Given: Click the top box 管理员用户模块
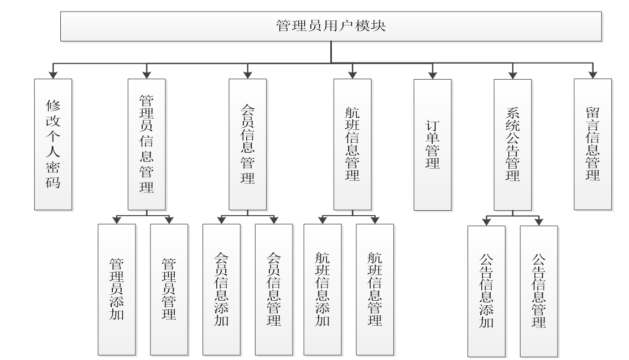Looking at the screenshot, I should [330, 26].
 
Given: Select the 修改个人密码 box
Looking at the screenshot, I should [53, 144].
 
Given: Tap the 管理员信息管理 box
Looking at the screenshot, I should [147, 144].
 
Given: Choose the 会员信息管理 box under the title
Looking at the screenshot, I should [247, 144].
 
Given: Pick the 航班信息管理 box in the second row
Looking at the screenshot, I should [352, 144].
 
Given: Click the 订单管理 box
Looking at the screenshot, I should [432, 144].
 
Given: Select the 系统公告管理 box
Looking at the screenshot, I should [512, 144].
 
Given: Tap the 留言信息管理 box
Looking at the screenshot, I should [592, 144].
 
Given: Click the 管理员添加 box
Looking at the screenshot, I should [116, 289].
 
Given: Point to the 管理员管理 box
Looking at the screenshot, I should [169, 289].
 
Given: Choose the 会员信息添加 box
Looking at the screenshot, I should [221, 289].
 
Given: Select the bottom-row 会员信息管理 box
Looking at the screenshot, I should [273, 289].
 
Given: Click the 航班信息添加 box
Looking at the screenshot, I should [323, 289].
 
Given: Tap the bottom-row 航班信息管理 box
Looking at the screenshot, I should [375, 289].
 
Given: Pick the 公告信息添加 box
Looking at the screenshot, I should [486, 291].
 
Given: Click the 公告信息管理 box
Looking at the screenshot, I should [539, 291].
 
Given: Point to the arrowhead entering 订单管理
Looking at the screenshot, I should [432, 74].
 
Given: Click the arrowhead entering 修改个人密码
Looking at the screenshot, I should [53, 74].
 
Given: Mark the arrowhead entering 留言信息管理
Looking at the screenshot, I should [592, 74].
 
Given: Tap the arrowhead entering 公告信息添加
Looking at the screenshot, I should [486, 222].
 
